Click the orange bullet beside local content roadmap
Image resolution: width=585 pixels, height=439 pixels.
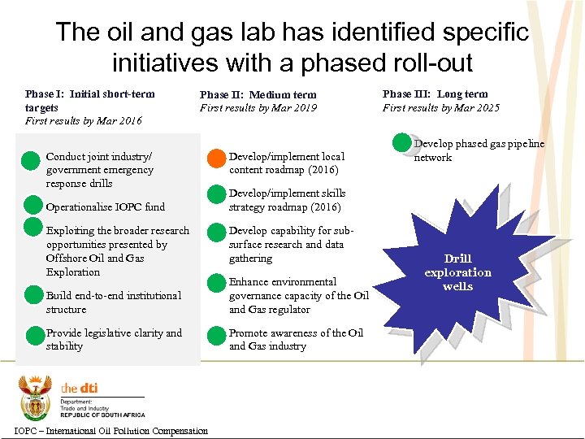216,158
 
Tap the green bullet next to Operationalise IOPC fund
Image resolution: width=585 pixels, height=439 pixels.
32,205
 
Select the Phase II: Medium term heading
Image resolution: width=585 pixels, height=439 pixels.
258,94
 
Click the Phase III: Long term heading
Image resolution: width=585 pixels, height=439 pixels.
435,94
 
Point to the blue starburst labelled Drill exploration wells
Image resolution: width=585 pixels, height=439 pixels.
457,272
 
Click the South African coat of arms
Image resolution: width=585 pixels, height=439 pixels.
35,397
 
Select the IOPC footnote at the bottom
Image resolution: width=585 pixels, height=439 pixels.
111,431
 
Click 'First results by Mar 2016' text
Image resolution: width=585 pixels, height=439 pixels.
84,121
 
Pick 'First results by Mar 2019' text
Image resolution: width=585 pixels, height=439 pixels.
258,108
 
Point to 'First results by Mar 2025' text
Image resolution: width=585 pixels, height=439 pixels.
441,108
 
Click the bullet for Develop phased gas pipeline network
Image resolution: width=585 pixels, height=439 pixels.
402,143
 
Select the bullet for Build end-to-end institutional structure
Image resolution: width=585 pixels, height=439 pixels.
33,294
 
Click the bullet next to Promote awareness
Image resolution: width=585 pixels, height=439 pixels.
216,334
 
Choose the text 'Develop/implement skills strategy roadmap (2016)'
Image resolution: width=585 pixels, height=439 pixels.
287,200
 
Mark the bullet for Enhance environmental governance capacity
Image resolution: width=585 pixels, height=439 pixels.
216,283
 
